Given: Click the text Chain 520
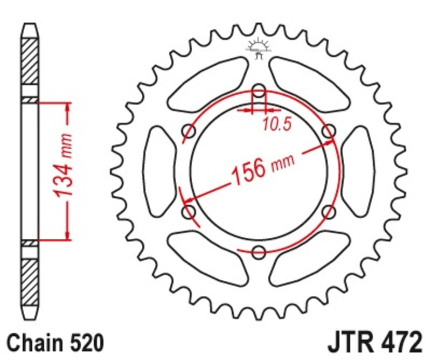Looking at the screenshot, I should coord(52,342).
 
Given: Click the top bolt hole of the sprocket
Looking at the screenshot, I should coord(259,89).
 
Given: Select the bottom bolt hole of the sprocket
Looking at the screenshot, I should coord(259,251).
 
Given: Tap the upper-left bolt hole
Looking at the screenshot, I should coord(189,130).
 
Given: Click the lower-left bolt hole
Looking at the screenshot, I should coord(189,212).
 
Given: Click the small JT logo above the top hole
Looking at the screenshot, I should coord(259,48).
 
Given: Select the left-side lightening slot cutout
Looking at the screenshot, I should coord(160,170).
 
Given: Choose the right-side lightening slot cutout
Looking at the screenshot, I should coord(358,170).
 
